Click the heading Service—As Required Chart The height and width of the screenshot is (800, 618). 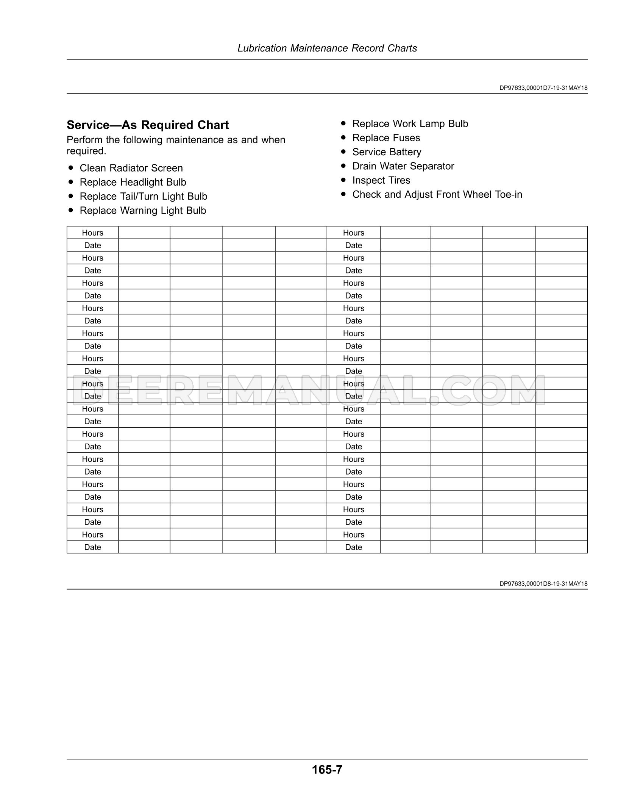[148, 125]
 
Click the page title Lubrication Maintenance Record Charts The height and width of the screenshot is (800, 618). [327, 48]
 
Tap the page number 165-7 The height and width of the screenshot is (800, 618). [327, 769]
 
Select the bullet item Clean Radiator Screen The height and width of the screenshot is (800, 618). [131, 168]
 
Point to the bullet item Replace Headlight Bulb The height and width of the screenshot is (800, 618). [133, 182]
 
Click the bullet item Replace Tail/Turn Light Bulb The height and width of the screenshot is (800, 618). [144, 196]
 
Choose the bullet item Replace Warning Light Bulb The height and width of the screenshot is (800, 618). [143, 211]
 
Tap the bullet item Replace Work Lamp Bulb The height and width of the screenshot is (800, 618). [410, 124]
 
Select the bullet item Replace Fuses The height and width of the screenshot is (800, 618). [386, 138]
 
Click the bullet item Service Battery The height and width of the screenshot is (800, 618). [387, 152]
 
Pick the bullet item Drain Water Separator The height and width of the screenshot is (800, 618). [403, 166]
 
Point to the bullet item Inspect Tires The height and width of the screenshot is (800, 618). [381, 180]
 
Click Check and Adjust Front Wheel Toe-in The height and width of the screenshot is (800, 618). [437, 194]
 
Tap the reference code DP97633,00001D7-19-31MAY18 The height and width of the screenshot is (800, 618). [543, 88]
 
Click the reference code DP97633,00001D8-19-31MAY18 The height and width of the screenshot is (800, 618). [543, 584]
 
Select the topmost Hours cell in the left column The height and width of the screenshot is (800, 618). [93, 233]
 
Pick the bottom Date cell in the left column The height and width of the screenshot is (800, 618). [93, 547]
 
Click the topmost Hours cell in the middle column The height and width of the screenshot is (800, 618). [354, 233]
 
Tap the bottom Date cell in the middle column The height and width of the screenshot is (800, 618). [354, 547]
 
